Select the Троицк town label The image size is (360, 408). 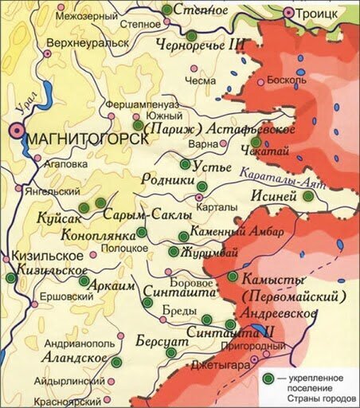pos(327,14)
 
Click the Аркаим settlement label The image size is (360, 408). pos(115,285)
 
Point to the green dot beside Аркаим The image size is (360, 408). pos(84,280)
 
